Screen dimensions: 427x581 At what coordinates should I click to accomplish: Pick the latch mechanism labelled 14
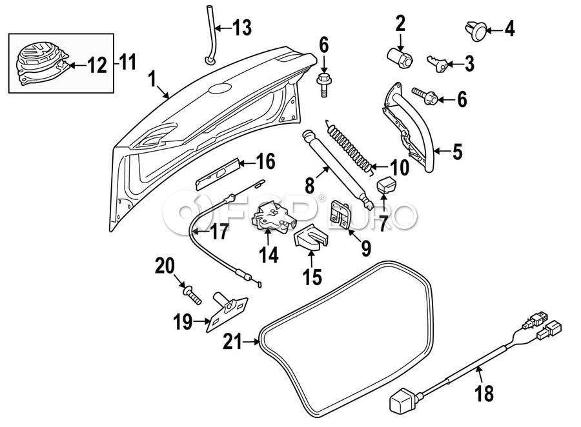coord(270,216)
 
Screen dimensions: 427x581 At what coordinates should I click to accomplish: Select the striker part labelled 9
coord(340,213)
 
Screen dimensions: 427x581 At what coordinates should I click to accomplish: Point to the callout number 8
coord(309,186)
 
